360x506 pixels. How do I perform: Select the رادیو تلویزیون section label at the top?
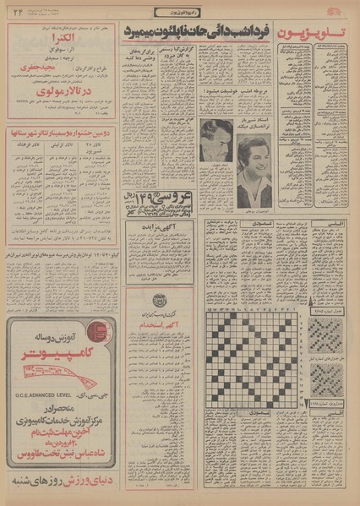tap(180, 8)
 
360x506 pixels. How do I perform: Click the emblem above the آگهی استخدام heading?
tap(161, 302)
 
